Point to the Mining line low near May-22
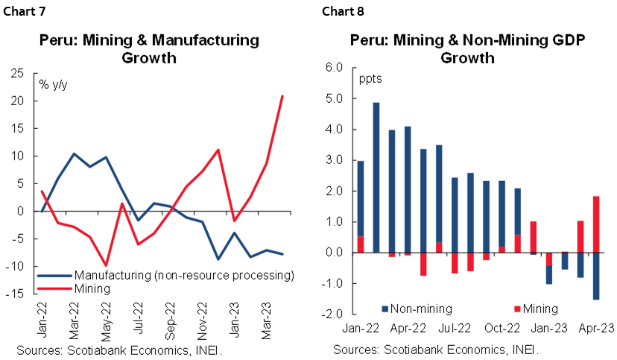point(107,265)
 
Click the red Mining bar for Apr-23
point(596,224)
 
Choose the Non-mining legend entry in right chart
point(417,307)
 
